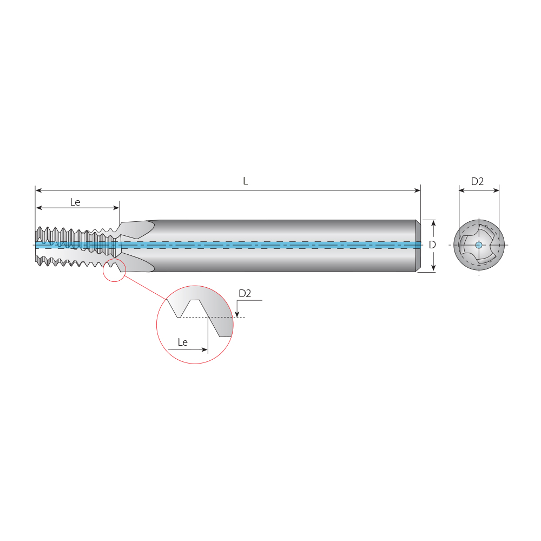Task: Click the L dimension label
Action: pos(245,181)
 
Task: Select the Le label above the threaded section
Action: pos(75,202)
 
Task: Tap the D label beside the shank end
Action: pos(432,245)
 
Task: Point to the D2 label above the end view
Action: pos(477,182)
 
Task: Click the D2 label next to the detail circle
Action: pos(245,293)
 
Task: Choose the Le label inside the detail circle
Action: pos(183,342)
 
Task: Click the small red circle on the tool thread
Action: pos(114,270)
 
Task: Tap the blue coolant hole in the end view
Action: pos(479,245)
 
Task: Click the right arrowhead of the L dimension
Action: pos(417,190)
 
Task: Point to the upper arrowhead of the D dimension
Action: pos(433,223)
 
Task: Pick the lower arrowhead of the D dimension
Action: pos(433,268)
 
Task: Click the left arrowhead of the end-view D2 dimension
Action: pos(462,190)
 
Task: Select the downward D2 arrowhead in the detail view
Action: pos(237,314)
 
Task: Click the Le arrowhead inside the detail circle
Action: pos(204,350)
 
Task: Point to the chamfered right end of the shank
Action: pos(418,246)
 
